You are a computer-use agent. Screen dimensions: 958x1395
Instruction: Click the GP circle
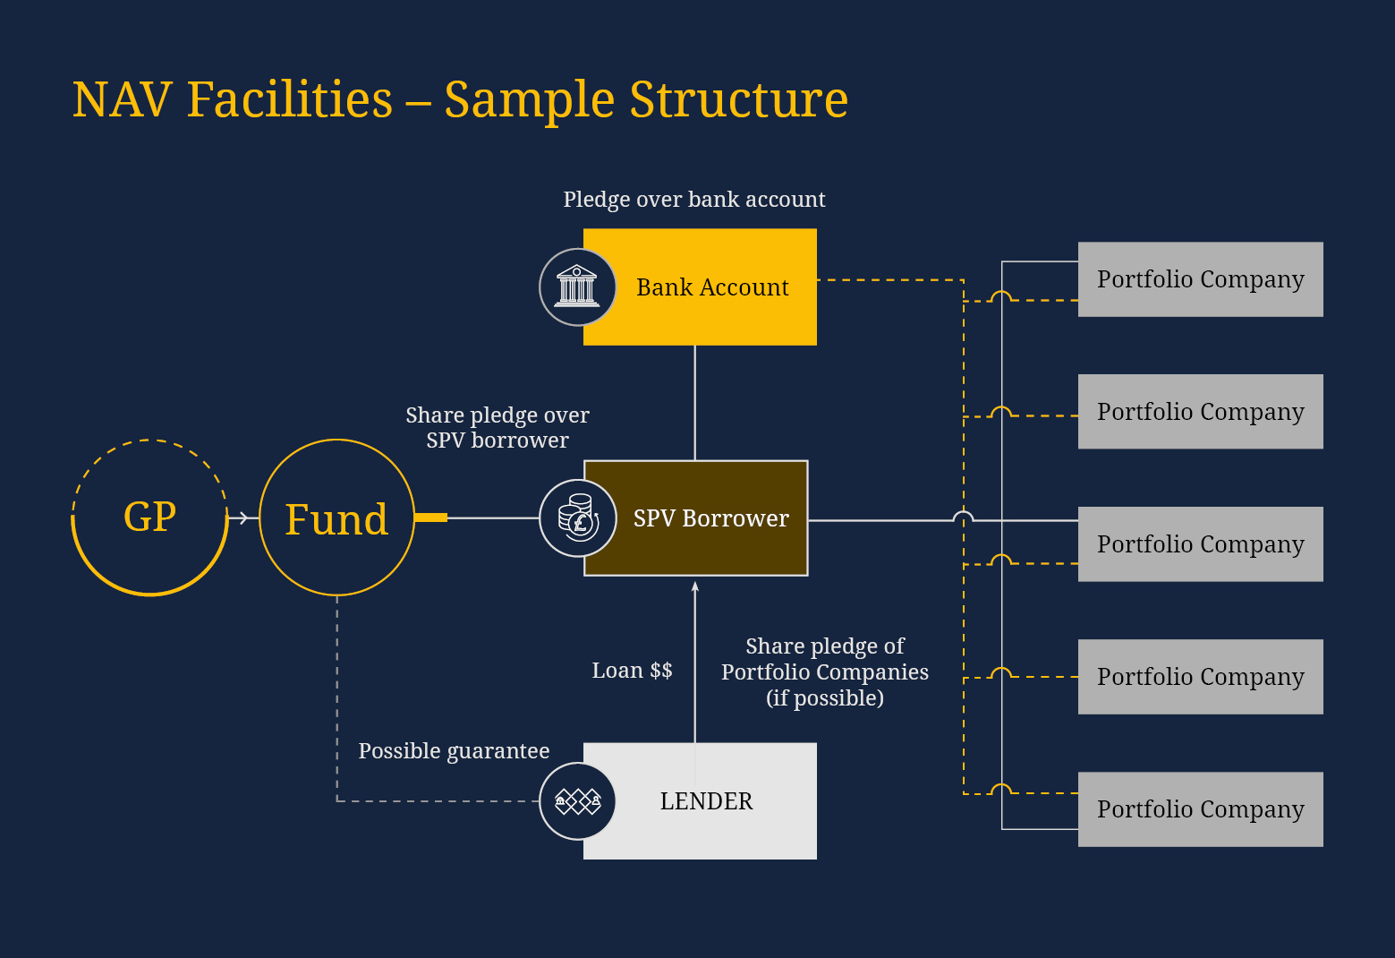[x=149, y=517]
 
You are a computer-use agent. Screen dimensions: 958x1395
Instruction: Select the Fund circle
[x=336, y=518]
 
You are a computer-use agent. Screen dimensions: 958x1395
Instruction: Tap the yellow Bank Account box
[x=711, y=287]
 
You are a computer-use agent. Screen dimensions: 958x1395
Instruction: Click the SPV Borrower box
[x=710, y=518]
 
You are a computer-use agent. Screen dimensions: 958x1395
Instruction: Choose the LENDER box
[x=706, y=801]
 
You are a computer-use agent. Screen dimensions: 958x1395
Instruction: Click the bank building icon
[x=577, y=287]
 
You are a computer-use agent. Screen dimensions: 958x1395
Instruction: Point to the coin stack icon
[x=577, y=518]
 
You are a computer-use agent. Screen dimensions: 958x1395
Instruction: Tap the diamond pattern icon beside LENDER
[x=577, y=801]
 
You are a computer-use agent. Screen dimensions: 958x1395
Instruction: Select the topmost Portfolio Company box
[x=1200, y=279]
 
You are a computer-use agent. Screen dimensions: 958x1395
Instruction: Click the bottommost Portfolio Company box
[x=1200, y=809]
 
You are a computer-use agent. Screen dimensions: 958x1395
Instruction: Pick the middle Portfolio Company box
[x=1200, y=544]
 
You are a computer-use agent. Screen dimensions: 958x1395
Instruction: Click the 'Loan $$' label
[x=632, y=671]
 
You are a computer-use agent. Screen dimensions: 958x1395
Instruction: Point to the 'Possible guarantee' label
[x=454, y=751]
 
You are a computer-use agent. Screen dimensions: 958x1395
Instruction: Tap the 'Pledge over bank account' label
[x=693, y=200]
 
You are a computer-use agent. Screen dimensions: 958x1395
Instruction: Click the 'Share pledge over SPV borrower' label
[x=498, y=428]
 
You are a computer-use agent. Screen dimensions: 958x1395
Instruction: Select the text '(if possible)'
[x=824, y=698]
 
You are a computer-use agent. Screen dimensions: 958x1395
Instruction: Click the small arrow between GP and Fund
[x=242, y=517]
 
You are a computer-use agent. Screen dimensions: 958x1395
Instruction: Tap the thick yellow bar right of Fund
[x=431, y=517]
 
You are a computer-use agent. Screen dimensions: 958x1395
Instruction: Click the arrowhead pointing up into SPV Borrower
[x=695, y=586]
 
